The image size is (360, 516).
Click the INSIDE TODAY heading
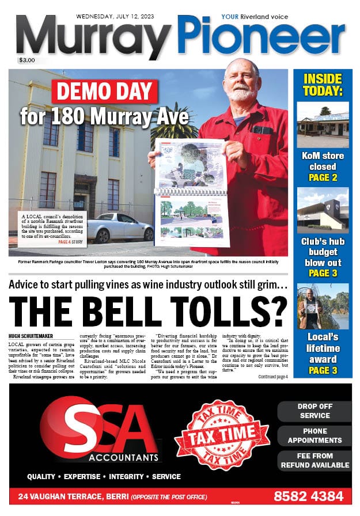point(322,85)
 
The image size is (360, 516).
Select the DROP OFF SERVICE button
point(314,411)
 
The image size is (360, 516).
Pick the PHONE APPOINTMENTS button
point(314,436)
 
